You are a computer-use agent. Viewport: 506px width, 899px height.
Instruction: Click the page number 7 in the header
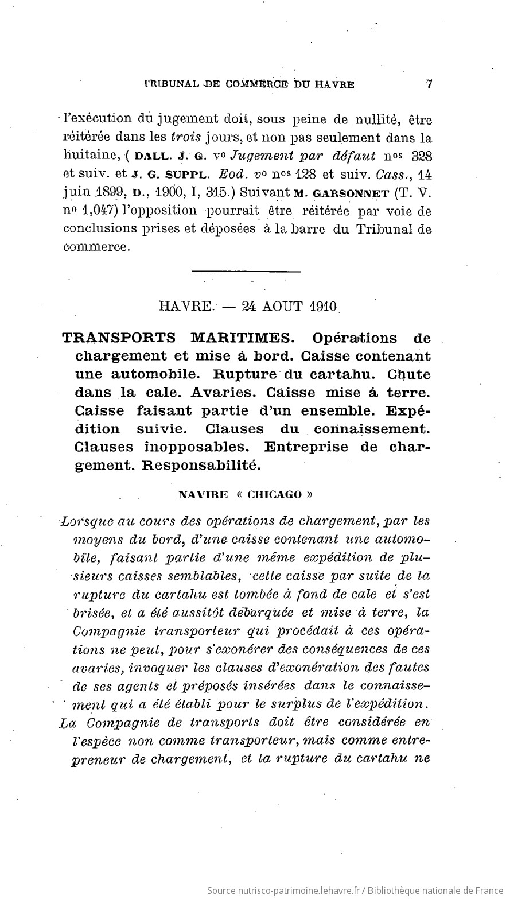429,83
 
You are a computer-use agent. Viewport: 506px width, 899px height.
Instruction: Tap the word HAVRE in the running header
333,84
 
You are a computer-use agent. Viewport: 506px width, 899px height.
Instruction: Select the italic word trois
185,138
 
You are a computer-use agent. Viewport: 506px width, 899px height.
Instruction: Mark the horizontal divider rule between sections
246,270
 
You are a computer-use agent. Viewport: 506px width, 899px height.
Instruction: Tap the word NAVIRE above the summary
204,494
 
